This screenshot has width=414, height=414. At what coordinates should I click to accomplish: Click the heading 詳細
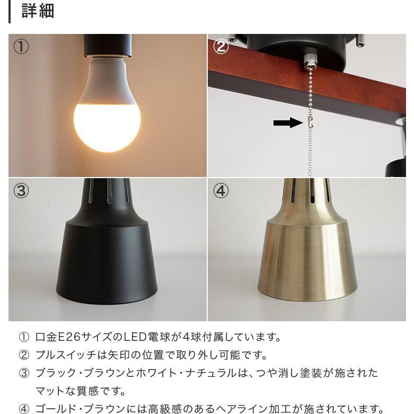pyautogui.click(x=38, y=11)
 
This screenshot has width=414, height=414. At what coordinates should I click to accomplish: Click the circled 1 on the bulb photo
pyautogui.click(x=21, y=47)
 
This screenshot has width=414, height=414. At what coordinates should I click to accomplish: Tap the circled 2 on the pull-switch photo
pyautogui.click(x=221, y=47)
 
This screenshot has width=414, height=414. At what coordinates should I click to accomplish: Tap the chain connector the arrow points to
pyautogui.click(x=311, y=122)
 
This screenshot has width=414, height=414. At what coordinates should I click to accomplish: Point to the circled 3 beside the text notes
pyautogui.click(x=24, y=373)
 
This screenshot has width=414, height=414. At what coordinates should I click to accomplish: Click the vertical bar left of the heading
pyautogui.click(x=10, y=11)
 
